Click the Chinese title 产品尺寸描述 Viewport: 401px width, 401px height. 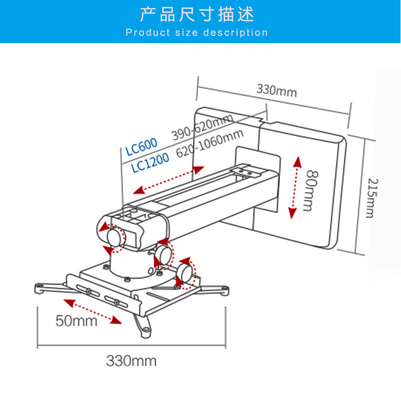tap(197, 14)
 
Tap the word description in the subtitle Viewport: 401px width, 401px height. tap(236, 33)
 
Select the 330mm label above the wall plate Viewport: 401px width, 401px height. tap(277, 91)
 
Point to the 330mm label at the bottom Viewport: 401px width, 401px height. tap(131, 360)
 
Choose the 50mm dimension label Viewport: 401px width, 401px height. tap(76, 321)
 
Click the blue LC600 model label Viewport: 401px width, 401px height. tap(141, 145)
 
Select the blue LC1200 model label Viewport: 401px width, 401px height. tap(150, 162)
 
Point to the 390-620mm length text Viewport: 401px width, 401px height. tap(202, 128)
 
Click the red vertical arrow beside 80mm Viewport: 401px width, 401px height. tap(296, 186)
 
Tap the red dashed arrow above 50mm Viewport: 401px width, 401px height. tap(93, 311)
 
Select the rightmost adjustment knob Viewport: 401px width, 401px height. tap(184, 271)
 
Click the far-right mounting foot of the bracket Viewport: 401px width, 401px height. tap(224, 290)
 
